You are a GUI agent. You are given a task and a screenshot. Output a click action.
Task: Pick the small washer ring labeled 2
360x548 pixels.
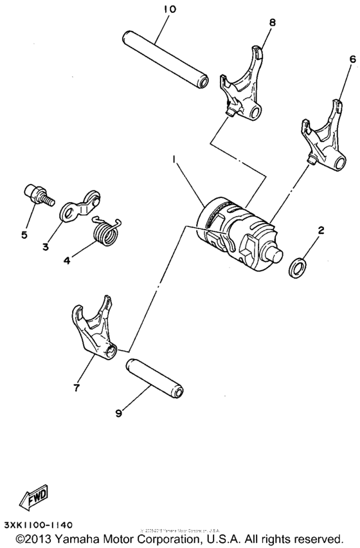click(297, 266)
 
